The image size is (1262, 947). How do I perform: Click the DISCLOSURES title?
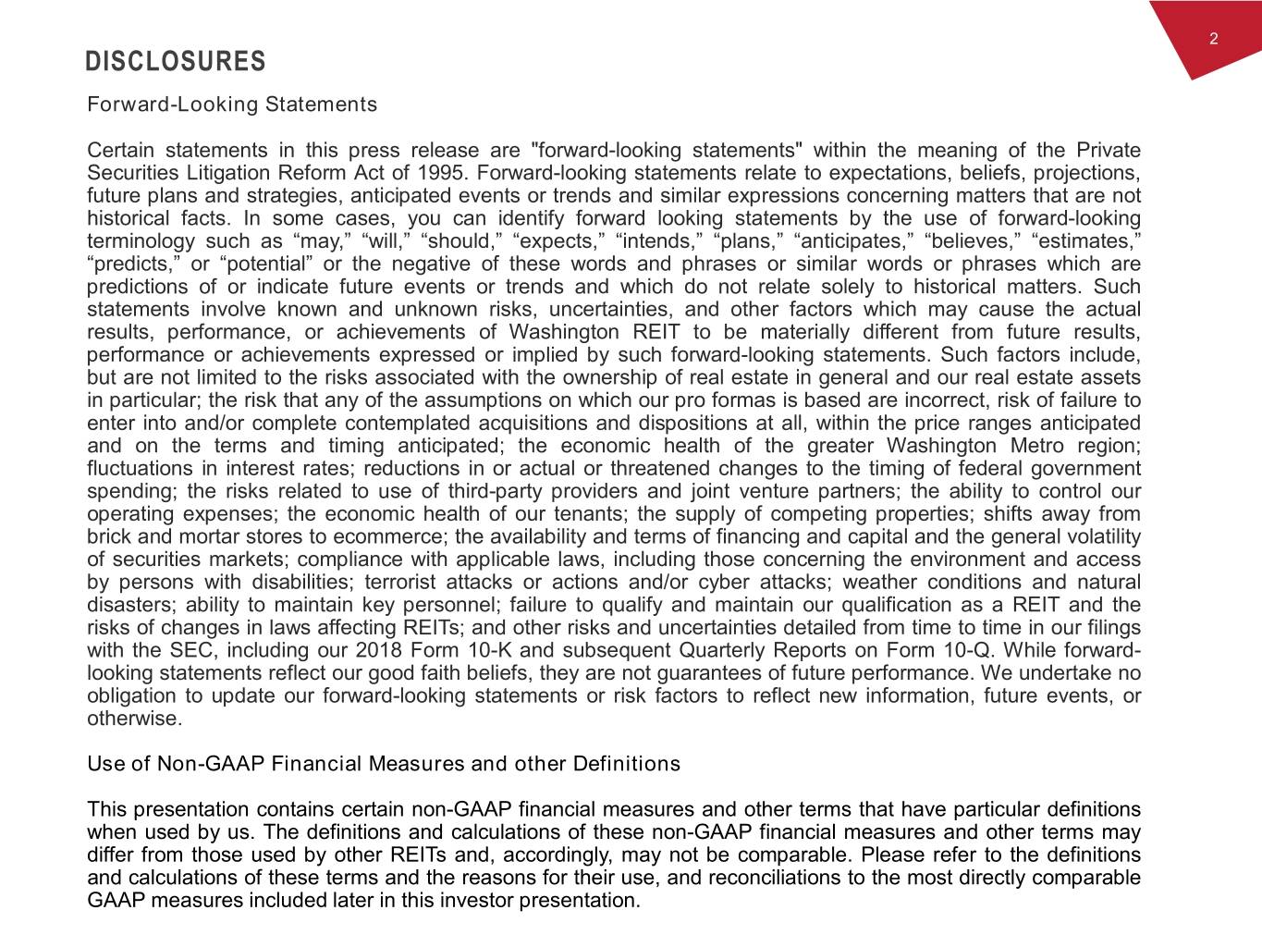[176, 62]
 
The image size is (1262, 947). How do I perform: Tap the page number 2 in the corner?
[1213, 39]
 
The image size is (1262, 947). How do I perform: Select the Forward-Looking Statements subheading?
[232, 105]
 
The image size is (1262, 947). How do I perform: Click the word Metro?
[1043, 446]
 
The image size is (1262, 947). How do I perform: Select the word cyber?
[723, 582]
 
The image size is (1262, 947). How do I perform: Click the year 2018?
[379, 650]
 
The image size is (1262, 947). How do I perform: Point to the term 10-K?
[484, 650]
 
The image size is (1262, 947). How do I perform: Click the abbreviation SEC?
[192, 650]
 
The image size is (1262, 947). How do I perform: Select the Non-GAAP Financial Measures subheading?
[383, 764]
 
